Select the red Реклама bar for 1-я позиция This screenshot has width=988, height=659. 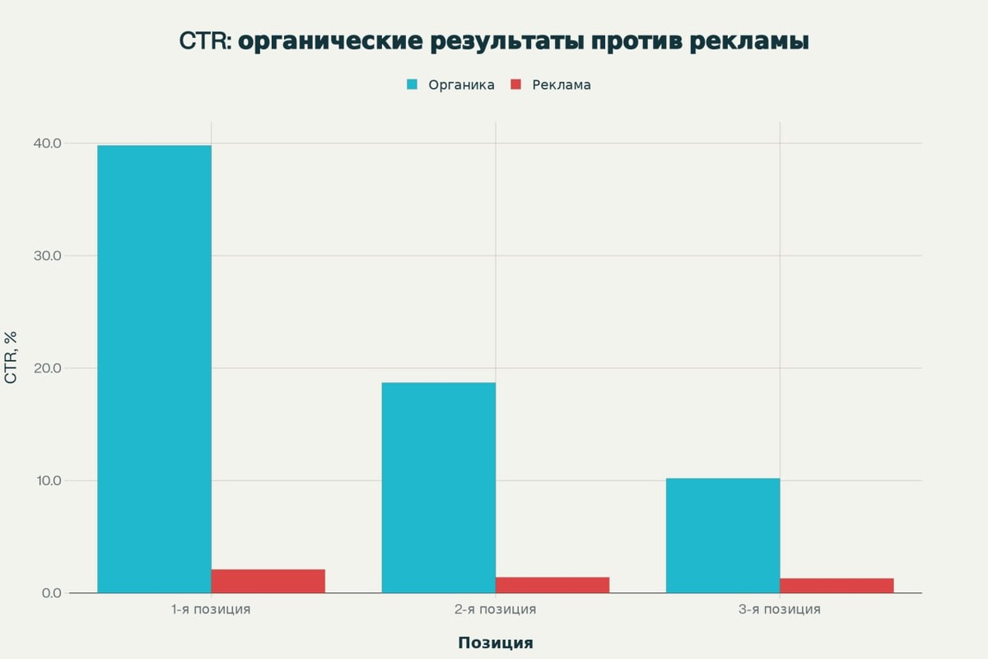tap(268, 581)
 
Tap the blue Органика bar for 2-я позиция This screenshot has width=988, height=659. tap(438, 488)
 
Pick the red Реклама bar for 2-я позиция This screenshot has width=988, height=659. tap(552, 584)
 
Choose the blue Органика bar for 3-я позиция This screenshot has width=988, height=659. tap(722, 535)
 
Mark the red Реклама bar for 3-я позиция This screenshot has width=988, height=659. tap(836, 585)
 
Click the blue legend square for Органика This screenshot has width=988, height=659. tap(412, 85)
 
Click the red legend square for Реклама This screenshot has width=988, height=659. tap(516, 85)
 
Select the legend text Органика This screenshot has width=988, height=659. tap(461, 85)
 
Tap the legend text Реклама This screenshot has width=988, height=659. tap(561, 85)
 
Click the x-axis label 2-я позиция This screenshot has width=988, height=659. tap(495, 610)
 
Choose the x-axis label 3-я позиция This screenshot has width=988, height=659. tap(779, 610)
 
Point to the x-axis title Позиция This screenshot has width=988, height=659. tap(495, 643)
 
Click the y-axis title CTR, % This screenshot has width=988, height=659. tap(12, 358)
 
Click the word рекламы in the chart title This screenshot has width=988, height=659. tap(746, 41)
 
